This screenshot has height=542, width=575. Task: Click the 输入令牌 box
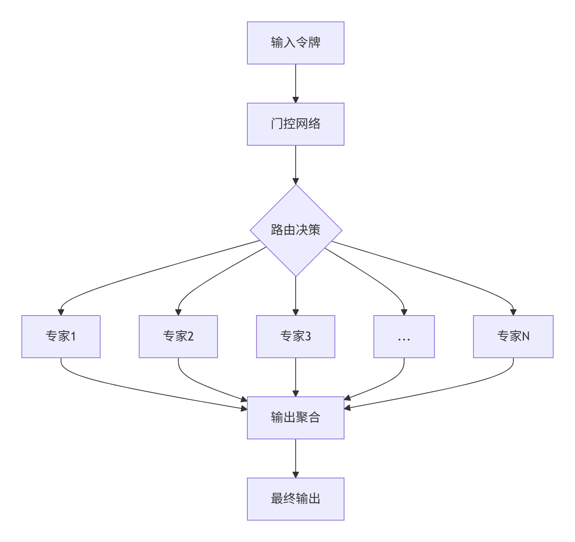(x=295, y=43)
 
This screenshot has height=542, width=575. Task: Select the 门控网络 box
(x=295, y=124)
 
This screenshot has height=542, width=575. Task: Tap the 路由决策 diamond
(x=296, y=230)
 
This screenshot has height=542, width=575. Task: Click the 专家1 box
(x=61, y=336)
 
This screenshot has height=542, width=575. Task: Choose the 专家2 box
(x=178, y=336)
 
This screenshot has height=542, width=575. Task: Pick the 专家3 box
(x=295, y=336)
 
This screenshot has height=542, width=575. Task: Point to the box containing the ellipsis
(x=404, y=336)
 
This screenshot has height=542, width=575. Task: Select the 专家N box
(x=513, y=336)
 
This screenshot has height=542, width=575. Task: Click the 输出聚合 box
(x=295, y=418)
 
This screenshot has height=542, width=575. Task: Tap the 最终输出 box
(x=295, y=499)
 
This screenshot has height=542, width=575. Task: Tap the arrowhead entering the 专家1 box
(x=61, y=312)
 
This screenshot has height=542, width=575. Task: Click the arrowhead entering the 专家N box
(x=513, y=312)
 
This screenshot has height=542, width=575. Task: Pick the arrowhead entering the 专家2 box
(x=178, y=312)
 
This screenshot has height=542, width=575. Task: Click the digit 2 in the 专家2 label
(x=190, y=336)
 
